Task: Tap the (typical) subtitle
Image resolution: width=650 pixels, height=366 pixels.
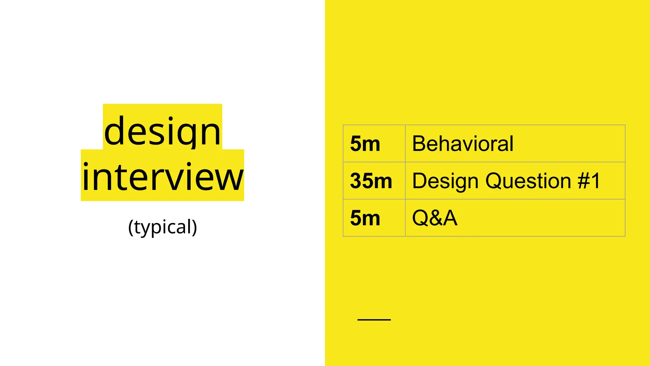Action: click(162, 227)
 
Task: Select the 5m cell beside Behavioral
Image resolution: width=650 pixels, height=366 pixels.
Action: click(365, 144)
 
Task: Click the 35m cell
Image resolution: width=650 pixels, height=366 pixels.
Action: click(371, 181)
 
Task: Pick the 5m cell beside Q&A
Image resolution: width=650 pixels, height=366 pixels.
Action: click(365, 218)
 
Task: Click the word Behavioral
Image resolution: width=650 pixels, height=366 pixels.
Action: click(462, 144)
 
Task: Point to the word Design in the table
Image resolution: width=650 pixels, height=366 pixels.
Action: click(445, 181)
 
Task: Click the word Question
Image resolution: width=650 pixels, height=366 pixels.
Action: click(528, 181)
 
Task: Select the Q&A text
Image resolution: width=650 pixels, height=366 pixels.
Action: click(434, 218)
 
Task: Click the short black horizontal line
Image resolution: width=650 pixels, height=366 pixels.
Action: click(374, 320)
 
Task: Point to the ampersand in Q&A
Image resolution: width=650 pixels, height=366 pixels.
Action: click(435, 218)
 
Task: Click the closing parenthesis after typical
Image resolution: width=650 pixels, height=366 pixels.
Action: click(194, 227)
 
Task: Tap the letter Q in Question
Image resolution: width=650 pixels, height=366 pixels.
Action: click(494, 181)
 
